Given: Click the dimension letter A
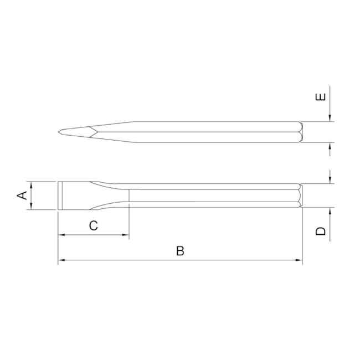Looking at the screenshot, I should click(23, 196).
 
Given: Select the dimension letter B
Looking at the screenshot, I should click(180, 250).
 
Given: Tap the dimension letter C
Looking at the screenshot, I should click(94, 225).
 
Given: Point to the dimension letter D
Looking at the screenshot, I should click(321, 231).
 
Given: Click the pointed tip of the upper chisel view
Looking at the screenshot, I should click(58, 132).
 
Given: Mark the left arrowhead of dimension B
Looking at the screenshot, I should click(60, 260).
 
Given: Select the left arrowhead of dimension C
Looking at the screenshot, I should click(60, 235).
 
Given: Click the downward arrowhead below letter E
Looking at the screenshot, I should click(330, 118).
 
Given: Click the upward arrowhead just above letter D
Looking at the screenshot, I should click(330, 211).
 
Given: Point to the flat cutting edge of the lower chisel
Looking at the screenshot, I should click(58, 196).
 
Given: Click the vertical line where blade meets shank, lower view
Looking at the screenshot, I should click(129, 196).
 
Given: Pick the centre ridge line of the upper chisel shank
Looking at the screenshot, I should click(216, 132).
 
